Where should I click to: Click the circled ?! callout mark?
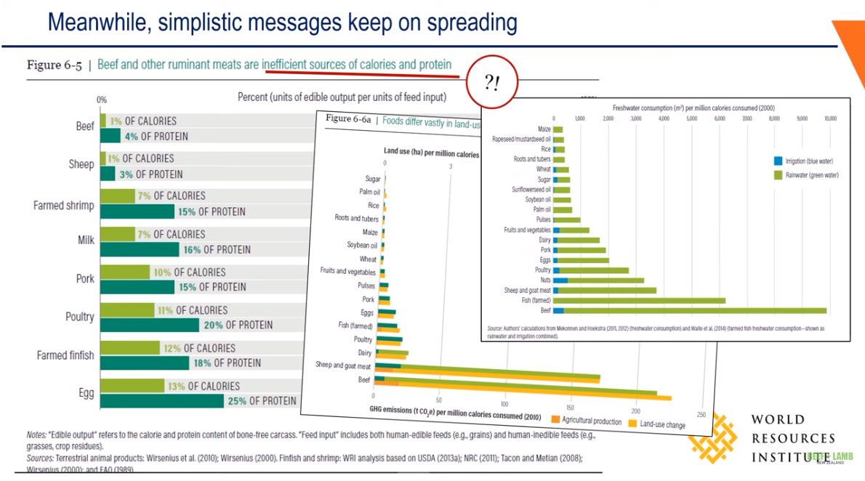492,83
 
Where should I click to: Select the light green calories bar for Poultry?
127,310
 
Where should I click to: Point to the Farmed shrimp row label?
63,206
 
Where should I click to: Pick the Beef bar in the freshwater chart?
690,310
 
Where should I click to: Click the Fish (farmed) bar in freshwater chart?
640,300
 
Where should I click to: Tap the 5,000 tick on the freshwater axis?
691,118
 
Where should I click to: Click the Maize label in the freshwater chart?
544,129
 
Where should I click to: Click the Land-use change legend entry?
657,424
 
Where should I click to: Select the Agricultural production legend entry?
587,421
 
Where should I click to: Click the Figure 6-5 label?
54,65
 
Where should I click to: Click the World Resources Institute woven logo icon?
713,435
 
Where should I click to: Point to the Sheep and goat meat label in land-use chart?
343,366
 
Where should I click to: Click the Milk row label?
86,240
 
